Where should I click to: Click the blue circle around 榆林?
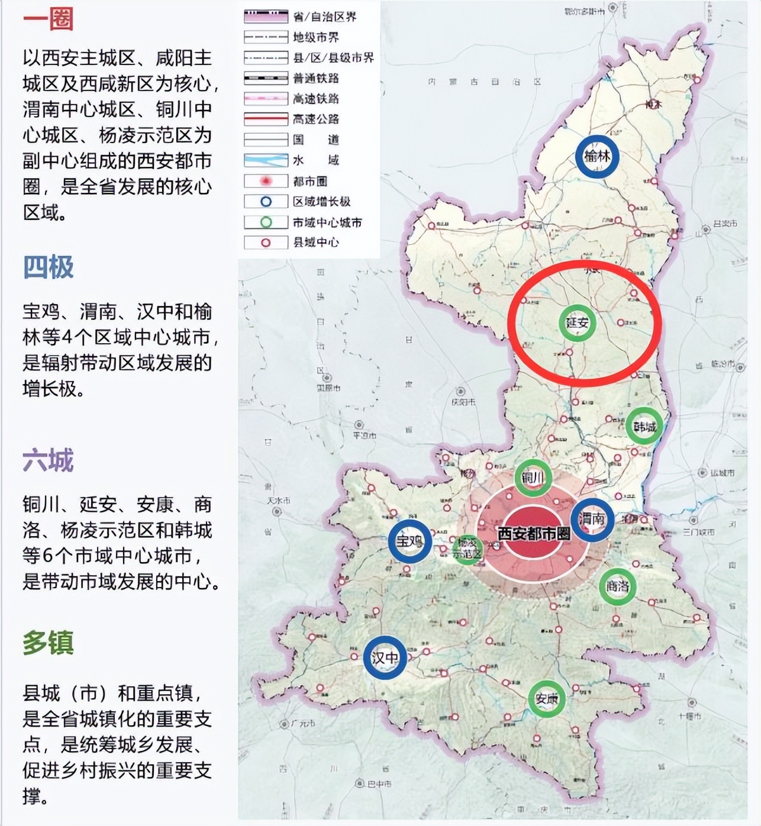[597, 156]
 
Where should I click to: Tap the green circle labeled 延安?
[577, 323]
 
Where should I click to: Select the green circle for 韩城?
[644, 426]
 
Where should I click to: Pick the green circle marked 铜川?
[533, 477]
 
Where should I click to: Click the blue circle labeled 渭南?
[592, 520]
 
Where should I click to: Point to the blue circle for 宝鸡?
[409, 541]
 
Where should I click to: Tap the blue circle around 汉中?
[385, 657]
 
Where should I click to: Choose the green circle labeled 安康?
[546, 699]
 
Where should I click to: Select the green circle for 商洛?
[618, 586]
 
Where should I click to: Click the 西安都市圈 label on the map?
[533, 533]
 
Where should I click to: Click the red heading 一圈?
[48, 18]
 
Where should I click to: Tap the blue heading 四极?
[48, 267]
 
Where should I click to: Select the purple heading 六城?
[48, 460]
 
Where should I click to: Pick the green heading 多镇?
[48, 643]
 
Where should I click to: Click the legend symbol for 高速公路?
[266, 119]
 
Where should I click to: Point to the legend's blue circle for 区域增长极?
[266, 202]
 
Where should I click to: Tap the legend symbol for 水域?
[266, 160]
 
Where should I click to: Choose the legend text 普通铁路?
[316, 78]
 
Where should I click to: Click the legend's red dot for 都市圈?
[266, 181]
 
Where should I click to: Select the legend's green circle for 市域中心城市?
[266, 222]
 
